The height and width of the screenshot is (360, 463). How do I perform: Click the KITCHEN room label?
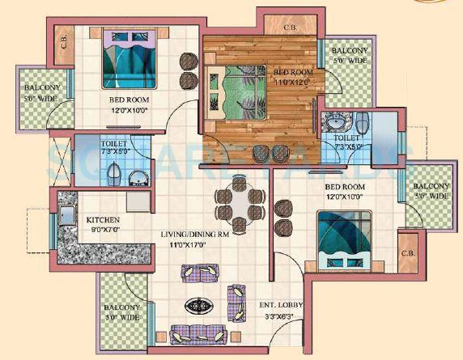pyautogui.click(x=104, y=219)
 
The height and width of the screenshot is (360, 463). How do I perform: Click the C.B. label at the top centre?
pyautogui.click(x=290, y=27)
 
